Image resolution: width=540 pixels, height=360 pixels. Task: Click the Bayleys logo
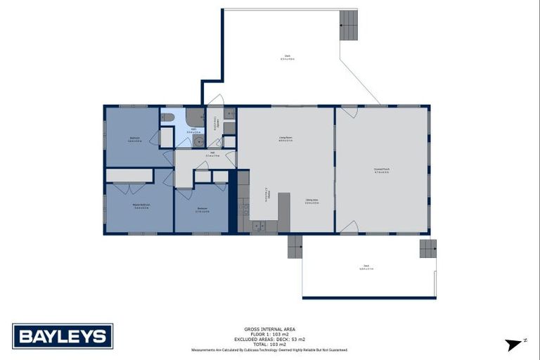[x=63, y=336]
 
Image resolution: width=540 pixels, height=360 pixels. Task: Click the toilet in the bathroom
[x=167, y=117]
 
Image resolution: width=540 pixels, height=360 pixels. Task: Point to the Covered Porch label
[x=382, y=170]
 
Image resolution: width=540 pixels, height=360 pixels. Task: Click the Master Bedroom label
[x=140, y=206]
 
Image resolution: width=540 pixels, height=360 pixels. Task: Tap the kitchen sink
[x=258, y=226]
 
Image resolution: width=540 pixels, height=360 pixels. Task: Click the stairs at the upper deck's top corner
[x=349, y=25]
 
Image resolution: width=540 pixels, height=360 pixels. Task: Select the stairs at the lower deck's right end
[x=427, y=248]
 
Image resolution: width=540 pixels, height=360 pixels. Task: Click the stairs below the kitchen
[x=295, y=246]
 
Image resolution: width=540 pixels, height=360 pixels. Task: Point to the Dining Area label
[x=312, y=201]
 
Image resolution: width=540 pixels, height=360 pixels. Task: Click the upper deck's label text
[x=288, y=57]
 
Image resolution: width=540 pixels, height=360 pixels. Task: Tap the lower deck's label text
[x=366, y=268]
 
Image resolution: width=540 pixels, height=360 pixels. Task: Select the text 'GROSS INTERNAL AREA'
[x=269, y=328]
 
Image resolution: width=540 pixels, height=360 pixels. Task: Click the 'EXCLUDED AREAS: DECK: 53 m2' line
[x=269, y=338]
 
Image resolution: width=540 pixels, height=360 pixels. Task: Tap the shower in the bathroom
[x=195, y=117]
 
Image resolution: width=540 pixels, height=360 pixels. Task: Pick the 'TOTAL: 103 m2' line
[x=269, y=343]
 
